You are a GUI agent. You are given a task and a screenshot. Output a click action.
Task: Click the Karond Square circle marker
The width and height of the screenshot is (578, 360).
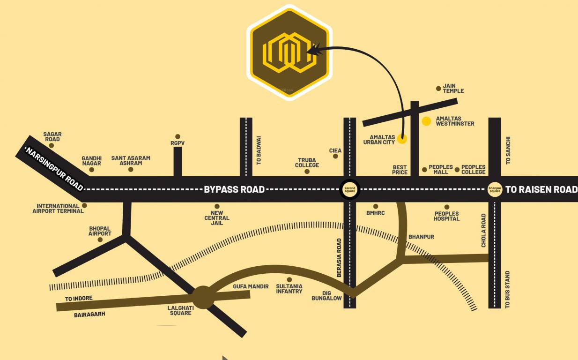click(350, 189)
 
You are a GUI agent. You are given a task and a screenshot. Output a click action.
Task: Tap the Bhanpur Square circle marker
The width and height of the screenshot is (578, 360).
click(495, 189)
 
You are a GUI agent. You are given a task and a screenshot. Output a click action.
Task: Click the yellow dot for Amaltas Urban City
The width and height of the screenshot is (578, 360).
click(402, 139)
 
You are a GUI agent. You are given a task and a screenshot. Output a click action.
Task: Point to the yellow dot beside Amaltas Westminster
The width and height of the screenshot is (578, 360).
click(426, 121)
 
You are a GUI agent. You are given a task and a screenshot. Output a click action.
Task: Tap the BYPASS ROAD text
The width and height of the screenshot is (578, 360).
click(234, 189)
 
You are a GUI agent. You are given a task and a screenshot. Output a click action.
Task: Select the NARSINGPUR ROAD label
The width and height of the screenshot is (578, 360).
click(54, 169)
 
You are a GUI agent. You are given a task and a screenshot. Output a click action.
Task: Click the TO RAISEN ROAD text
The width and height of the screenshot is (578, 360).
click(541, 189)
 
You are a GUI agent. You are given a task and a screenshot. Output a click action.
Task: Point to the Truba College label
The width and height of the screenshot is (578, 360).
click(307, 162)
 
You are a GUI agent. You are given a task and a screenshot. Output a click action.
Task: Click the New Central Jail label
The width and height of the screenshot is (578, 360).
click(217, 218)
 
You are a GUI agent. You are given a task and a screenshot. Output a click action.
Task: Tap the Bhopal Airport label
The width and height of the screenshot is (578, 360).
click(100, 231)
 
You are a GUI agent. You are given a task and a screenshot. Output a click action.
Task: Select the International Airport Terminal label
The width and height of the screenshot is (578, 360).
click(58, 209)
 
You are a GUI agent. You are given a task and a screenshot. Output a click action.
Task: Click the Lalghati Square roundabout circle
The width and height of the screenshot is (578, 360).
click(203, 297)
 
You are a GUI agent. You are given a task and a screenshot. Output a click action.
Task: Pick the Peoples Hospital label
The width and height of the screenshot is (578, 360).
click(446, 216)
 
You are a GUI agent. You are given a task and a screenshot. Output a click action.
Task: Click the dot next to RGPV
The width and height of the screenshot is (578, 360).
click(178, 136)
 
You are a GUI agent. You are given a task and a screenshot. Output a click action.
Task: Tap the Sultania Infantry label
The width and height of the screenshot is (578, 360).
click(289, 289)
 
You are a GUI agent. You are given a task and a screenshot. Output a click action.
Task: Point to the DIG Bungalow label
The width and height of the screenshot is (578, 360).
click(326, 295)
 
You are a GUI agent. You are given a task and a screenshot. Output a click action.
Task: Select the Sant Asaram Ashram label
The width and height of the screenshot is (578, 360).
click(131, 161)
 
